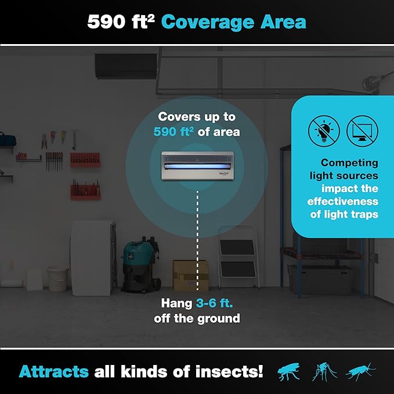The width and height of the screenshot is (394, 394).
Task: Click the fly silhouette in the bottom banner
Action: pyautogui.click(x=289, y=371)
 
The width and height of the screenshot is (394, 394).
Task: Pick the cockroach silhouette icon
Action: pyautogui.click(x=360, y=371)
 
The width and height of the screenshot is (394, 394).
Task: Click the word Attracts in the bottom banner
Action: pyautogui.click(x=53, y=371)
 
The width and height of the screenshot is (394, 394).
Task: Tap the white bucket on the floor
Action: pyautogui.click(x=58, y=278)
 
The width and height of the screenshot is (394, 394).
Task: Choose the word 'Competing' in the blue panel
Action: pyautogui.click(x=349, y=163)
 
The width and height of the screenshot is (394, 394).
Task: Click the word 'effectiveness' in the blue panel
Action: pyautogui.click(x=343, y=201)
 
